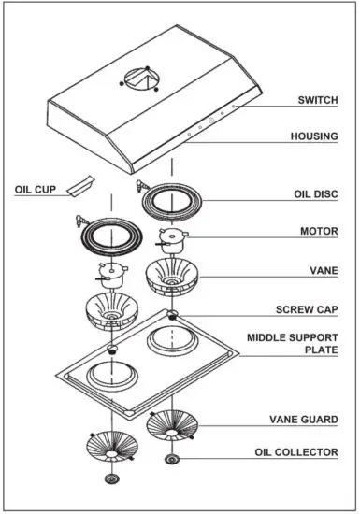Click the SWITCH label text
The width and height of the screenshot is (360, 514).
click(x=318, y=100)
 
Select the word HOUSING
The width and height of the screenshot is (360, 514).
click(x=314, y=136)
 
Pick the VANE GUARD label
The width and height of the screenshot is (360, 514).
click(x=305, y=420)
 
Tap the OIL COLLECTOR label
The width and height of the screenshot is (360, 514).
click(x=296, y=453)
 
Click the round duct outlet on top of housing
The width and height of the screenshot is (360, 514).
click(x=141, y=79)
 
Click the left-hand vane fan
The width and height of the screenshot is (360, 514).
click(x=112, y=313)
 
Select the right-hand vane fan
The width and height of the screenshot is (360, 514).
click(x=173, y=276)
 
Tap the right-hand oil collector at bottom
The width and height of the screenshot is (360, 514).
click(x=172, y=459)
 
